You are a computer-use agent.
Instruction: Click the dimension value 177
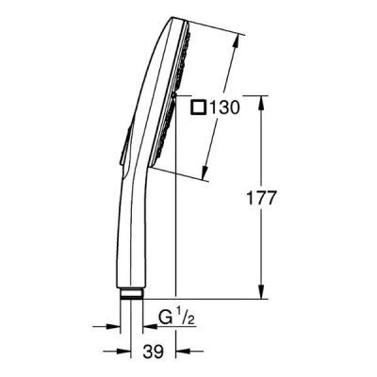click(x=261, y=198)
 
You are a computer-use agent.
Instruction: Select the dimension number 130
click(x=224, y=107)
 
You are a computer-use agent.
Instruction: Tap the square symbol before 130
click(x=199, y=107)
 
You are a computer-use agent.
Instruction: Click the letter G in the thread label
click(x=164, y=318)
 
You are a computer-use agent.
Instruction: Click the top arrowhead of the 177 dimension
click(x=261, y=103)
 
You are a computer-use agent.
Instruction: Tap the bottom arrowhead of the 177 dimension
click(x=261, y=291)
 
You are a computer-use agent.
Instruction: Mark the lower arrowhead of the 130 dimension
click(x=205, y=173)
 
